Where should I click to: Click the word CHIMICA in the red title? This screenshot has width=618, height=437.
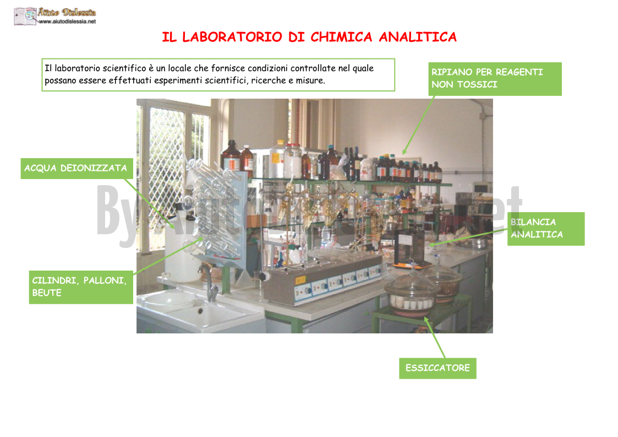tap(341, 37)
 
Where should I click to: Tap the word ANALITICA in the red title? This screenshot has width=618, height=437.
tap(418, 37)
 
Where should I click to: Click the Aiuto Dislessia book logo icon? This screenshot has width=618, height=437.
tap(25, 16)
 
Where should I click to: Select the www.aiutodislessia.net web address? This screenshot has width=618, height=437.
tap(67, 21)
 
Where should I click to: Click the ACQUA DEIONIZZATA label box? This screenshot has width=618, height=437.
tap(76, 169)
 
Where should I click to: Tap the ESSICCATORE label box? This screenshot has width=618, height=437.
tap(437, 368)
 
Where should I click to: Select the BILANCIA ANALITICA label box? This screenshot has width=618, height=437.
tap(546, 229)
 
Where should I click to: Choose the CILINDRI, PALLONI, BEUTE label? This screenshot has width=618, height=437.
tap(81, 287)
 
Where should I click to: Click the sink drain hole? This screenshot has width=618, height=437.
tap(200, 311)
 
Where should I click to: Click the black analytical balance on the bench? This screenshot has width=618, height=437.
tap(408, 248)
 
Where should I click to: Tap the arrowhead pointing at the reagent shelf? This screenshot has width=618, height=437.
tap(404, 152)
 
